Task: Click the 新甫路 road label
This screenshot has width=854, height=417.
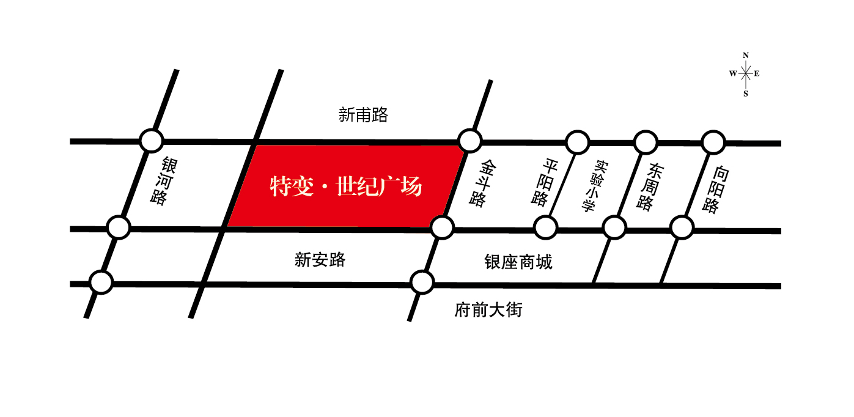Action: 363,115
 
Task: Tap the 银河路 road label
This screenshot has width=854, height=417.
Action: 164,180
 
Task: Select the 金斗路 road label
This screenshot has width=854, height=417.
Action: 483,183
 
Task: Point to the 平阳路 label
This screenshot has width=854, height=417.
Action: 545,183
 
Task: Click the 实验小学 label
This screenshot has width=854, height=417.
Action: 595,186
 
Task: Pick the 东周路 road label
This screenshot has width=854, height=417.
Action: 650,186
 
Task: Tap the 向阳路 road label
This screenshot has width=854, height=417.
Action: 716,190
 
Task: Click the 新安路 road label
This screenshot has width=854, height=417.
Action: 320,260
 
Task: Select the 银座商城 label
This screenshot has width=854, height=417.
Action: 518,262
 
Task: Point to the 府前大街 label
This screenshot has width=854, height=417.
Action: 488,310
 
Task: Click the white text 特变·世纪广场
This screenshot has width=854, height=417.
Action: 346,186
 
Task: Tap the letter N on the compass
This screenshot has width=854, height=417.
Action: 746,55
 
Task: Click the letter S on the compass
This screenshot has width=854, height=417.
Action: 746,94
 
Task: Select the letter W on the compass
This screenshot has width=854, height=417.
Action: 733,73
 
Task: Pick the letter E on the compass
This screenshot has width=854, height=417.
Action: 757,73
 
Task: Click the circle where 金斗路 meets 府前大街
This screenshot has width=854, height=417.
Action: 422,282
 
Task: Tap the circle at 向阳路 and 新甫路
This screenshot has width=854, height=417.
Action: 713,142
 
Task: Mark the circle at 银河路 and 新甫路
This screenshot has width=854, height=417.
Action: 152,141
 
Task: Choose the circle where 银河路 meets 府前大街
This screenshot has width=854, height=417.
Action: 101,282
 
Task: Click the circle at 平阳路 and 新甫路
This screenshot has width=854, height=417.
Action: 578,142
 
